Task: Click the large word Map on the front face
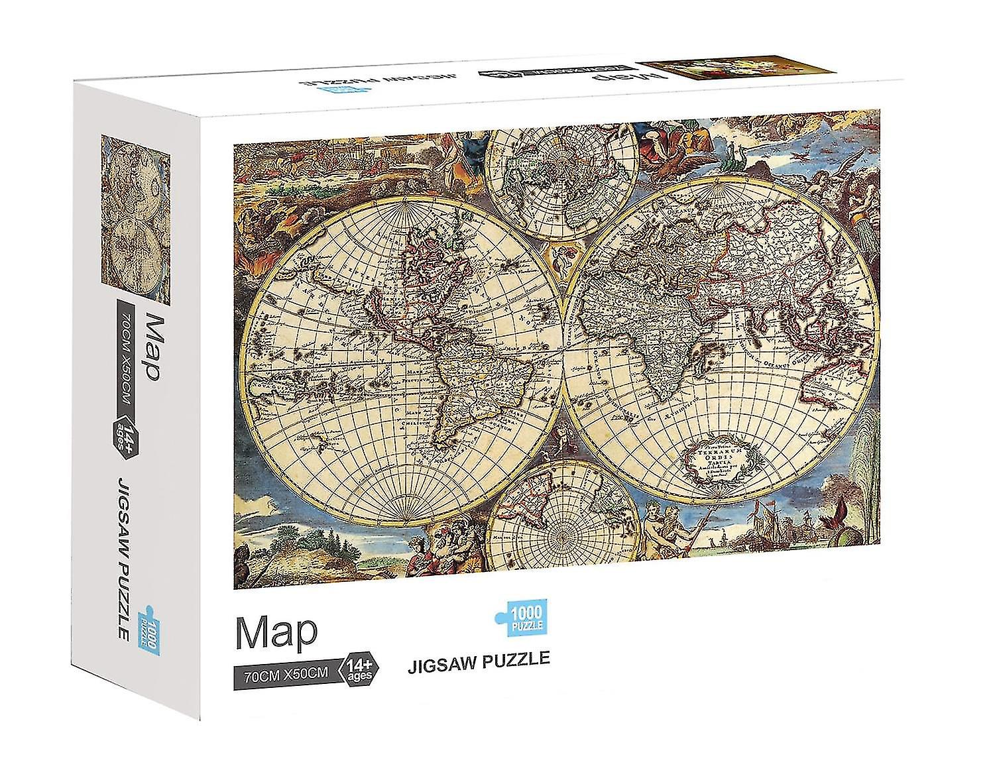click(x=276, y=634)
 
